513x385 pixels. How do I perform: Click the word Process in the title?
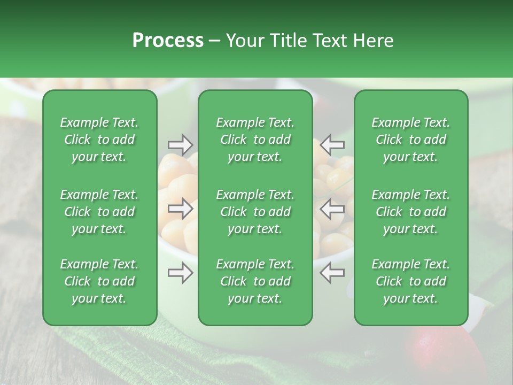[x=168, y=41]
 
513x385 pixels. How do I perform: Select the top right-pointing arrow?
[x=180, y=144]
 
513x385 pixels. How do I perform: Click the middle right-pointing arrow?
[x=180, y=209]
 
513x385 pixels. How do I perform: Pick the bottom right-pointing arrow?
[x=180, y=273]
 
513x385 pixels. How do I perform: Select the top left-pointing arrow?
[x=332, y=144]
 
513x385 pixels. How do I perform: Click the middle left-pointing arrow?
[x=332, y=209]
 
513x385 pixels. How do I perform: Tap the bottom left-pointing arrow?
[x=332, y=273]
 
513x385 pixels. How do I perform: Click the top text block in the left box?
[x=99, y=140]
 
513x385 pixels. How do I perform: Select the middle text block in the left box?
[x=99, y=212]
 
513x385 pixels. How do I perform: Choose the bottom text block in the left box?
[x=99, y=281]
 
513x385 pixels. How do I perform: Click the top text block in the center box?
[x=255, y=140]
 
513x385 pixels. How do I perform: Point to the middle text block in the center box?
[x=255, y=212]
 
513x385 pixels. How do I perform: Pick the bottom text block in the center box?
[x=255, y=281]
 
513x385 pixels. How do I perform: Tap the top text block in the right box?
[x=410, y=140]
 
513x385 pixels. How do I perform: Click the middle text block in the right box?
[x=410, y=212]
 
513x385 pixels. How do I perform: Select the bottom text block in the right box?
[x=410, y=281]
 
